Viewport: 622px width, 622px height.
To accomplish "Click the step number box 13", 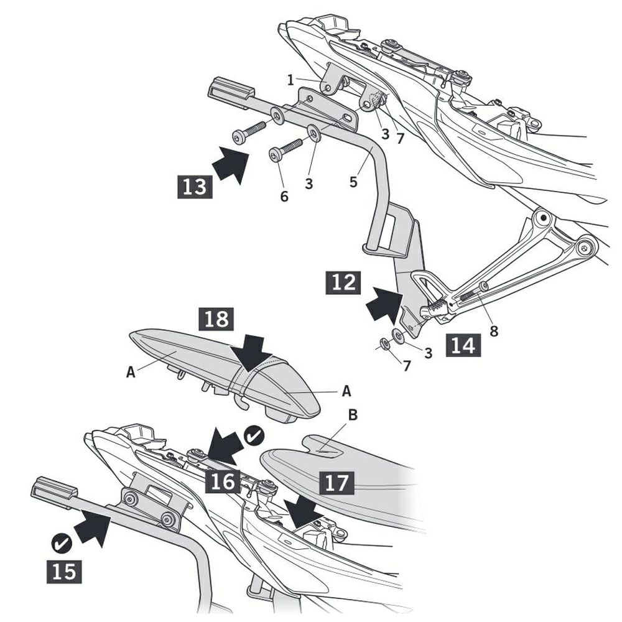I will coord(194,186).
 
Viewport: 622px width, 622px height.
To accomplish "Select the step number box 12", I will coord(343,282).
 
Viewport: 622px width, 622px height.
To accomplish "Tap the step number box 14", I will coord(463,344).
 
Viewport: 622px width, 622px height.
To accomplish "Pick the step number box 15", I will coord(64,570).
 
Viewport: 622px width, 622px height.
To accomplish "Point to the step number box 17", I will coord(337,483).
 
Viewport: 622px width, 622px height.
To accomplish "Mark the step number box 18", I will coord(216,319).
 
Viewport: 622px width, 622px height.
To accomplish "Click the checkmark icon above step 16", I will coord(254,435).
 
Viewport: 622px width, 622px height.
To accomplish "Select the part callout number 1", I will coord(290,80).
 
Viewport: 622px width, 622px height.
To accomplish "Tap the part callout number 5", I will coord(353,182).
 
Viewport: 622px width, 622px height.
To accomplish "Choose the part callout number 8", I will coord(494,332).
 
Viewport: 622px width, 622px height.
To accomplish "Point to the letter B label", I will coord(353,415).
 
